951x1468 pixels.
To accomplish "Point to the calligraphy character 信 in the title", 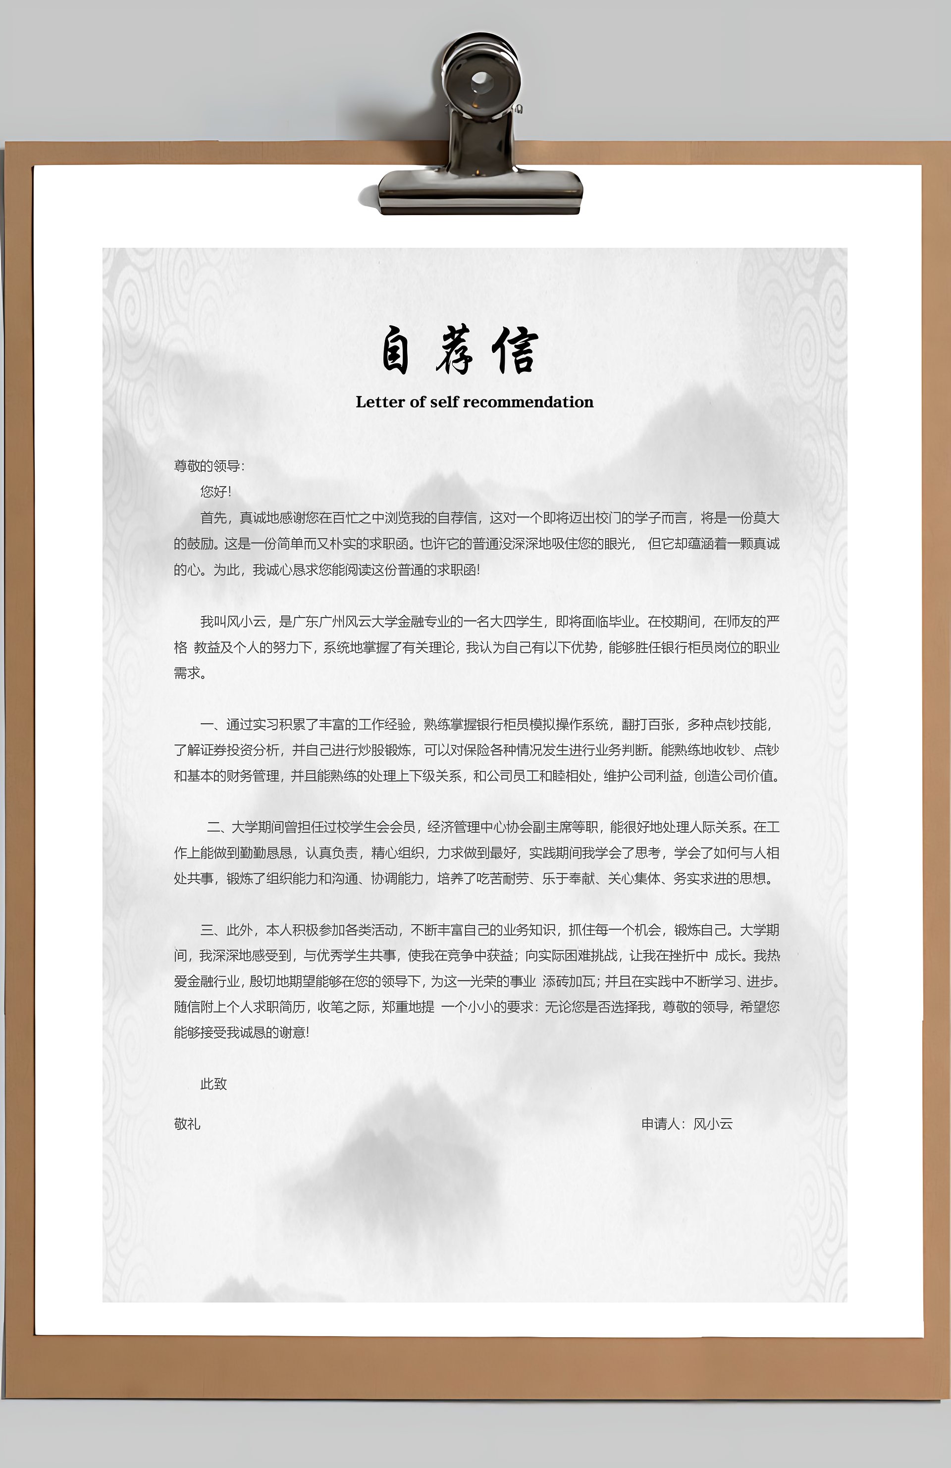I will click(515, 351).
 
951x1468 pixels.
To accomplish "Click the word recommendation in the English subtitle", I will click(528, 402).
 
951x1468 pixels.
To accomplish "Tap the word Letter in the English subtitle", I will click(380, 402).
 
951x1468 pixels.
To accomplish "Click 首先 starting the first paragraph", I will click(213, 518).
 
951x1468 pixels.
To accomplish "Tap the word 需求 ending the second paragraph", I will click(187, 673).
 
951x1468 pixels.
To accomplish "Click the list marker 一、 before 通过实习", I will click(212, 725).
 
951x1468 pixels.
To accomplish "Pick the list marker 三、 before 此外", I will click(212, 930).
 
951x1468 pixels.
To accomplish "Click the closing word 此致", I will click(213, 1084).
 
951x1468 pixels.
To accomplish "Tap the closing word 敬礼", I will click(187, 1124).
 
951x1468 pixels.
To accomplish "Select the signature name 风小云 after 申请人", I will click(713, 1124).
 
